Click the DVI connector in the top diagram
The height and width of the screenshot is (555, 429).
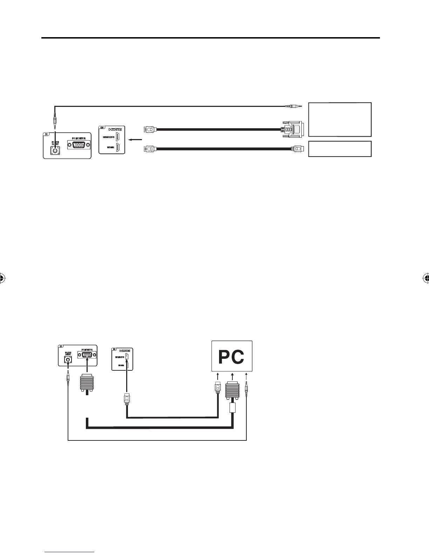click(x=294, y=129)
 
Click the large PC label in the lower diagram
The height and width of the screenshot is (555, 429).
click(x=231, y=357)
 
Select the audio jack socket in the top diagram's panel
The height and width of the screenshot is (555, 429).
click(x=54, y=151)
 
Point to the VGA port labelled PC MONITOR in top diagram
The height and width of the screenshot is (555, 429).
click(x=79, y=144)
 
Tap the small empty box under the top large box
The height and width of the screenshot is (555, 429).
click(x=339, y=149)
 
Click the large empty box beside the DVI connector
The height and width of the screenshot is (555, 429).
click(x=339, y=119)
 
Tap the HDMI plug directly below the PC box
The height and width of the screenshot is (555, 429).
click(x=218, y=388)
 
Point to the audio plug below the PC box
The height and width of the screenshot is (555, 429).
click(x=247, y=388)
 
